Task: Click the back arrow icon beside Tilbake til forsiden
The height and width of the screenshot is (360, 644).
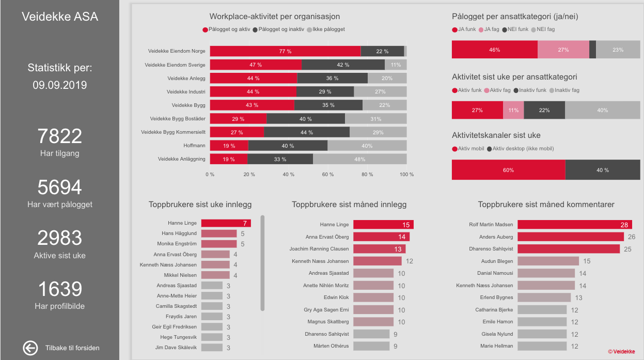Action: tap(30, 348)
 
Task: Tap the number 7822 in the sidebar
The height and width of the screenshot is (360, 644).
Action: tap(60, 136)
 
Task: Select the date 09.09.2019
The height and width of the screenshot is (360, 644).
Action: tap(60, 85)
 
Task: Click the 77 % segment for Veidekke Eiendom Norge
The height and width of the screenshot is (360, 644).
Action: tap(285, 51)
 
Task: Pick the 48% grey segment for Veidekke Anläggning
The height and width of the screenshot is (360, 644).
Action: tap(359, 159)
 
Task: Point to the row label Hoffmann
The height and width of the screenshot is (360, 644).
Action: tap(194, 146)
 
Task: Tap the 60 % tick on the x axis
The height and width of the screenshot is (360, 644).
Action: tap(328, 175)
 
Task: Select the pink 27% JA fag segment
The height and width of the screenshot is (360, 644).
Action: tap(563, 50)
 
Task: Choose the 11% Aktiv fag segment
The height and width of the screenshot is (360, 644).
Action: tap(513, 111)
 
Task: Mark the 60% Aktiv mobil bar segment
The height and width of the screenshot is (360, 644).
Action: tap(508, 170)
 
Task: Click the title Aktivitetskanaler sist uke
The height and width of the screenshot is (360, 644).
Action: tap(496, 135)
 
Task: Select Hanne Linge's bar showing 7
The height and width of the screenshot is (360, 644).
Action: tap(226, 223)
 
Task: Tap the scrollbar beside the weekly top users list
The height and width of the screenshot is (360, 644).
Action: tap(262, 263)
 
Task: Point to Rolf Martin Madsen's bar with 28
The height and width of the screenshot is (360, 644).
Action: tap(574, 225)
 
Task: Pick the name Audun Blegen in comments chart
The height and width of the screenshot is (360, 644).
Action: tap(497, 261)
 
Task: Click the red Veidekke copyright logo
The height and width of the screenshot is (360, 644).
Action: tap(621, 352)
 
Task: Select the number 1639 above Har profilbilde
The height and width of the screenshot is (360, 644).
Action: tap(60, 289)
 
